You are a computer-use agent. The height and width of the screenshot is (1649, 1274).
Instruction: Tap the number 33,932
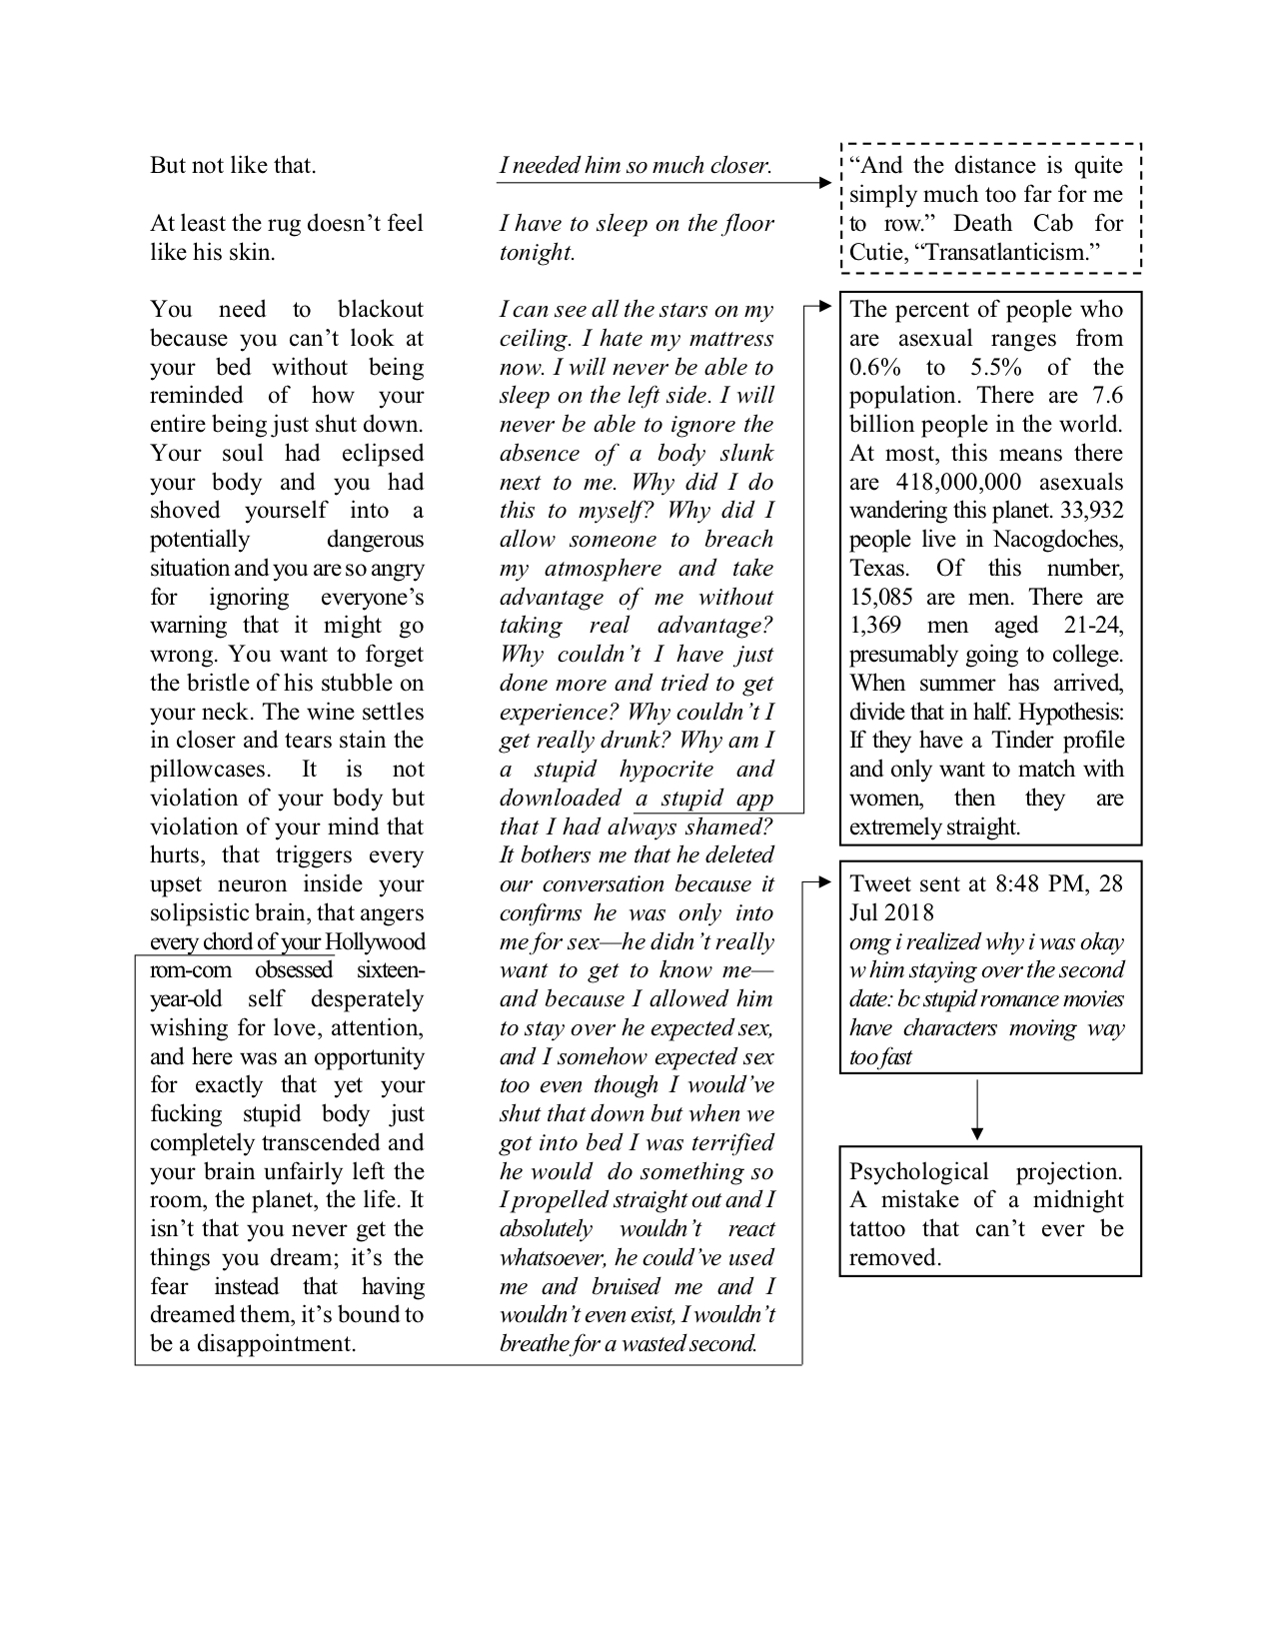[x=1086, y=512]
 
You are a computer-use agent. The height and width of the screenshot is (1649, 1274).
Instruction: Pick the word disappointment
[x=276, y=1344]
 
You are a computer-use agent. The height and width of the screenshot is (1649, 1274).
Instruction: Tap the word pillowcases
[x=210, y=771]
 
